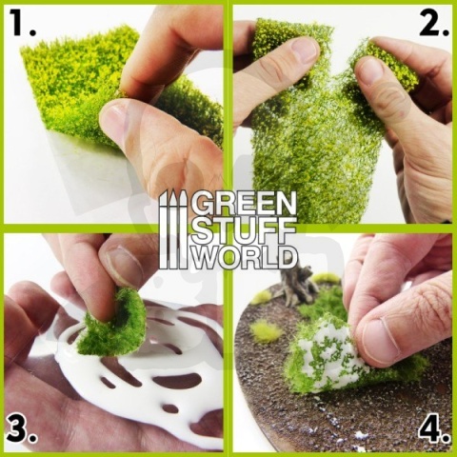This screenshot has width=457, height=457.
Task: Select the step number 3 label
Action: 22,429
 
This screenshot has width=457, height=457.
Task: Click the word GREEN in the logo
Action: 243,203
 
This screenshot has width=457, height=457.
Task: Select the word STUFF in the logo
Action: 243,229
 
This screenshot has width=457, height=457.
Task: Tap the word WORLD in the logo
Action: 243,256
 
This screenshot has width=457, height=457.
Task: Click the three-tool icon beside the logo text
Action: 172,228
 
